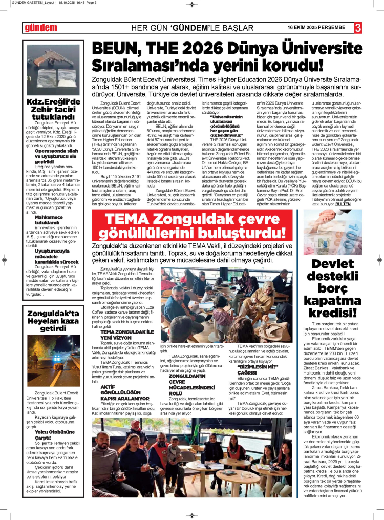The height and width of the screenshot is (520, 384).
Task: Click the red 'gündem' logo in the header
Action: coord(40,27)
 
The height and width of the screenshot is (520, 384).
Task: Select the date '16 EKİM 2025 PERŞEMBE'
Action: coord(316,27)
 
